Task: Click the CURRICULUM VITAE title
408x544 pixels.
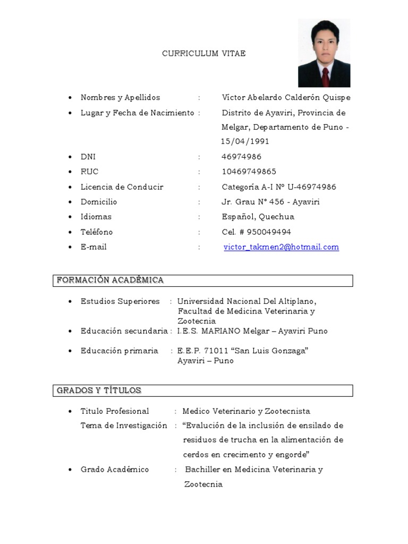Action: click(x=203, y=54)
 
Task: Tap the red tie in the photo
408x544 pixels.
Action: click(x=325, y=77)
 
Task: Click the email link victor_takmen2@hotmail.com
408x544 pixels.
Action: click(x=281, y=247)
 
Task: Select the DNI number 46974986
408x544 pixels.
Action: click(x=241, y=157)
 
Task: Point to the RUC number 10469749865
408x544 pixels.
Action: click(x=249, y=172)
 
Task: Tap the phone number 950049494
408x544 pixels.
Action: click(x=268, y=232)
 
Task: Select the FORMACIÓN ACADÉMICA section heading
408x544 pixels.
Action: click(x=110, y=280)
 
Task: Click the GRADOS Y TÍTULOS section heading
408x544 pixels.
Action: click(x=99, y=390)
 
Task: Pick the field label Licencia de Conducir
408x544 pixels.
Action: click(x=122, y=187)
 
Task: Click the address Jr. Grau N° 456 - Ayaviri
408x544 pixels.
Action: click(x=270, y=202)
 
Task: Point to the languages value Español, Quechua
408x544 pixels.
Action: click(x=258, y=217)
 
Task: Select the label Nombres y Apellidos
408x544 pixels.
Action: click(x=120, y=97)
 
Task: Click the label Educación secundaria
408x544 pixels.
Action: click(x=124, y=331)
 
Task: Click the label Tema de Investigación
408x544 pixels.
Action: click(x=124, y=426)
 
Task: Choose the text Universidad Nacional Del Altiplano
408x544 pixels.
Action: click(x=246, y=301)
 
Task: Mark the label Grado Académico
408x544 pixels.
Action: click(x=115, y=470)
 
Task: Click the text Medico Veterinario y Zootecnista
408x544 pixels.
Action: click(x=246, y=411)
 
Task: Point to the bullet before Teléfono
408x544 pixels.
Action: click(x=70, y=233)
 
